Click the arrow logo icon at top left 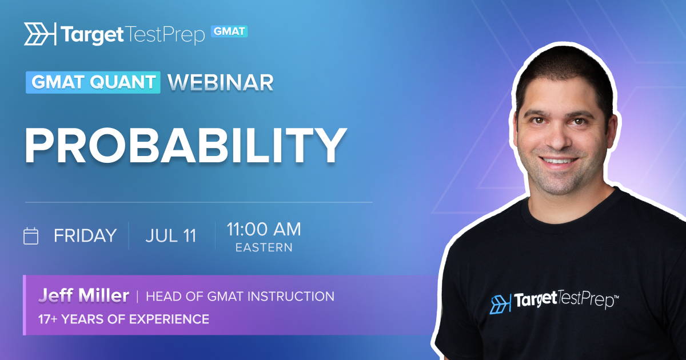pos(40,34)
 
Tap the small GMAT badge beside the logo pos(229,31)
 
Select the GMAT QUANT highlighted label pos(93,82)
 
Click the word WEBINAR pos(221,83)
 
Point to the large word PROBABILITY pos(186,145)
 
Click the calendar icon pos(31,236)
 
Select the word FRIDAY pos(85,235)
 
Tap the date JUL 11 pos(171,235)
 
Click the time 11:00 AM pos(264,229)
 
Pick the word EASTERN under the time pos(264,247)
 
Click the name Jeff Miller pos(83,295)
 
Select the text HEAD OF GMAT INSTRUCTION pos(240,297)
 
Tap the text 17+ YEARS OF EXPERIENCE pos(123,319)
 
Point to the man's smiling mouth pos(559,161)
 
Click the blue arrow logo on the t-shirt pos(500,303)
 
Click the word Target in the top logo pos(92,35)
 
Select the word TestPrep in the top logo pos(165,35)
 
